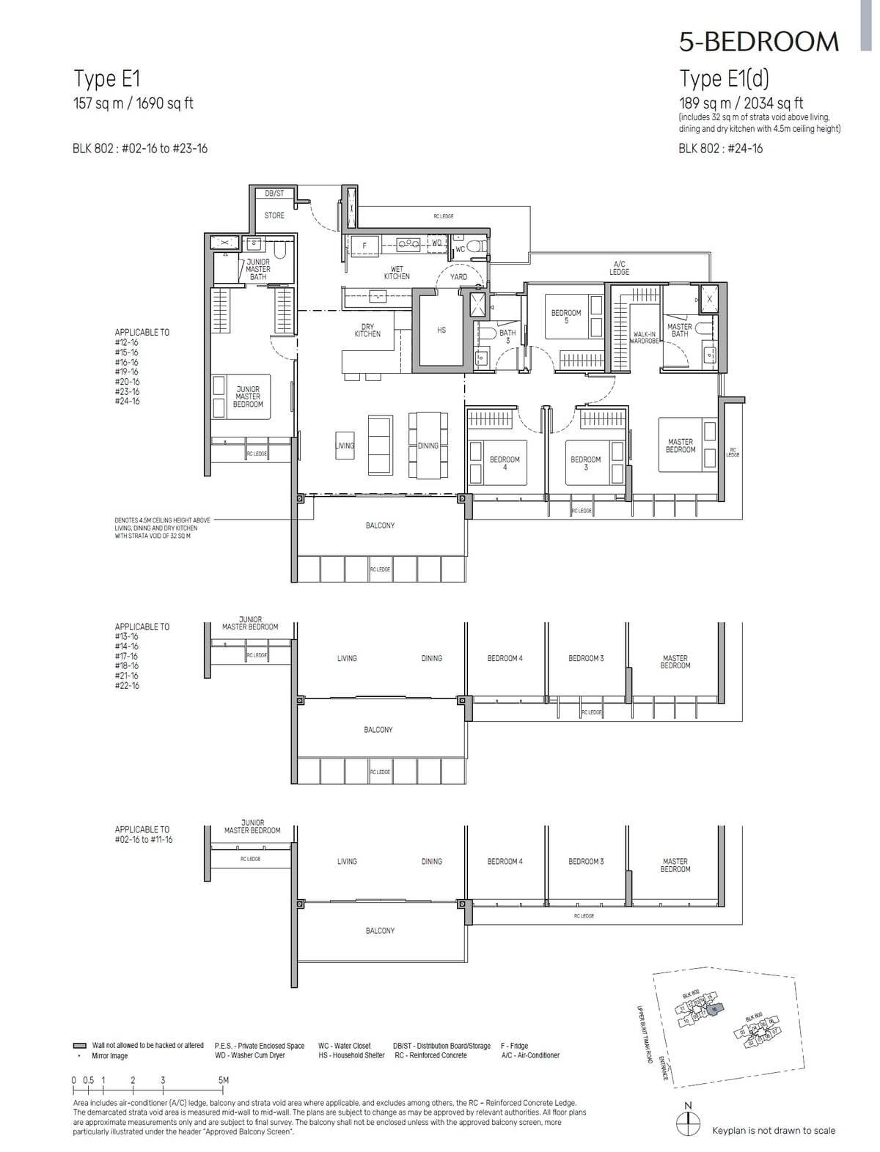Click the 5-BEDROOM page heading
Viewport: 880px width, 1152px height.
(x=758, y=42)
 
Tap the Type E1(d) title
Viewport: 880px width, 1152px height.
(x=724, y=78)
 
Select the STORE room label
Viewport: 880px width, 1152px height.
(x=274, y=215)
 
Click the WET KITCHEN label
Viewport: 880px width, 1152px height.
(x=397, y=273)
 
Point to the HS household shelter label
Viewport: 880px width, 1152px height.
(x=441, y=331)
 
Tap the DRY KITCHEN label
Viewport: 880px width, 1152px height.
(x=367, y=331)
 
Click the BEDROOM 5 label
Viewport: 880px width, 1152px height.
(x=565, y=317)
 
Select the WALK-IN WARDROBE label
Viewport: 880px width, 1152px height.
(x=644, y=338)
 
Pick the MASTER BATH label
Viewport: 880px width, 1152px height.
(x=679, y=331)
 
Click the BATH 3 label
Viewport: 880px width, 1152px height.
(x=507, y=336)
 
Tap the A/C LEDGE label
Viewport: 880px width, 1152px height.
(x=619, y=268)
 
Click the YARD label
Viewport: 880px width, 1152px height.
(x=458, y=277)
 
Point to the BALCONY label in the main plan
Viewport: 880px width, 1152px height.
(x=380, y=525)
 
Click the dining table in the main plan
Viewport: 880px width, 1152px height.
(x=428, y=443)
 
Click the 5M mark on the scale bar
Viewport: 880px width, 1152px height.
(x=223, y=1081)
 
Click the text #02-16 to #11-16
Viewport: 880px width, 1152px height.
(x=144, y=840)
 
